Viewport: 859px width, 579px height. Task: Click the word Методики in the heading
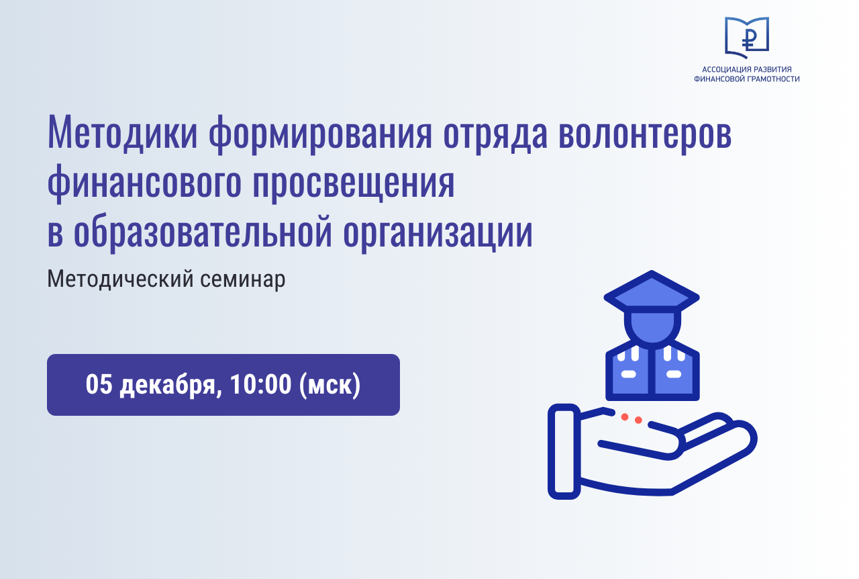(122, 132)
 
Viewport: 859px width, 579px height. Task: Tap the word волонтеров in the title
(645, 132)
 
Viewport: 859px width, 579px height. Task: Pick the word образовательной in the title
(203, 230)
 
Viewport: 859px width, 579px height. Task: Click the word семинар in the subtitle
(243, 279)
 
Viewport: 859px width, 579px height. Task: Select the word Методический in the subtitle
(120, 279)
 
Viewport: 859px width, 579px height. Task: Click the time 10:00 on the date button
(261, 384)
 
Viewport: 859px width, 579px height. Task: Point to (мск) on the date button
(330, 385)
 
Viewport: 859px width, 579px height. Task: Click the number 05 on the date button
(99, 384)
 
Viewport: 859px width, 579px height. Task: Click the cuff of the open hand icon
(564, 451)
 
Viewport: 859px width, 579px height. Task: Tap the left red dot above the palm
(625, 417)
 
